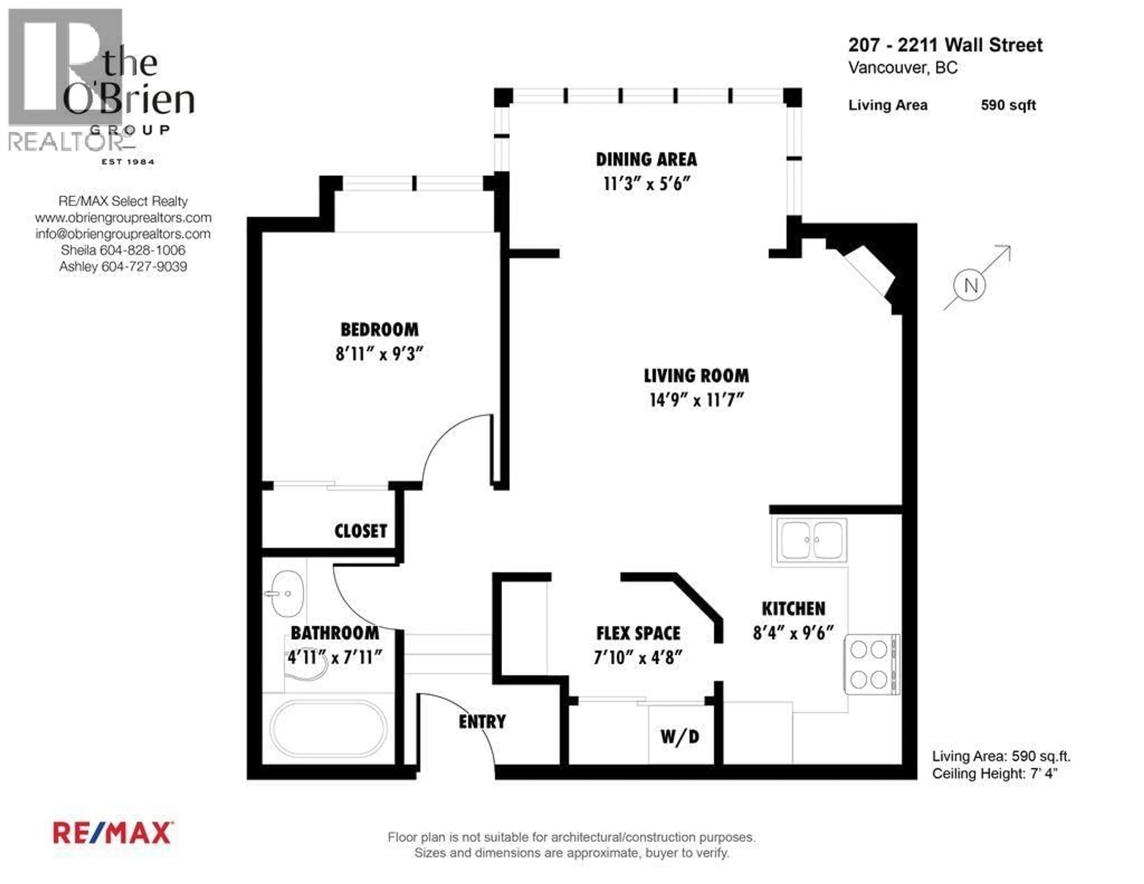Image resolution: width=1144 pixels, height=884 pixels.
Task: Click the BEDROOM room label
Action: (x=379, y=330)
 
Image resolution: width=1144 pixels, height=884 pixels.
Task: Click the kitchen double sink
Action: (x=812, y=540)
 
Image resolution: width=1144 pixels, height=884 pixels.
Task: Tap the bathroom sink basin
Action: (x=287, y=594)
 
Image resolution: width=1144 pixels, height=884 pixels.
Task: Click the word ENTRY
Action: (x=482, y=722)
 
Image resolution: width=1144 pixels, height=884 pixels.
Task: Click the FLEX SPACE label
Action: (x=638, y=633)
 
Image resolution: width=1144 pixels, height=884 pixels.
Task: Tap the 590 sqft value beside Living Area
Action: (x=1008, y=105)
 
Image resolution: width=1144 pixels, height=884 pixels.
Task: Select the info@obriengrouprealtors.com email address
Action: (x=123, y=234)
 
